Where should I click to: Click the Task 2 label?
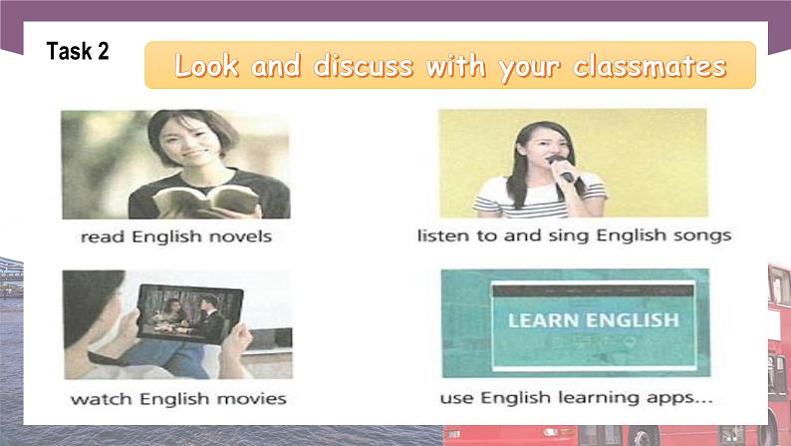(x=78, y=53)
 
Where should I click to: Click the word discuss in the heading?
(x=365, y=67)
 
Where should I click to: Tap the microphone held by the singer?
(x=561, y=168)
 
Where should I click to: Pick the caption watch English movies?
(x=177, y=398)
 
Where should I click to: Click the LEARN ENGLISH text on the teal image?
(x=592, y=321)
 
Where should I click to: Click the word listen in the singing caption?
(x=440, y=236)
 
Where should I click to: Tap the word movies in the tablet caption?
(x=252, y=398)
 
